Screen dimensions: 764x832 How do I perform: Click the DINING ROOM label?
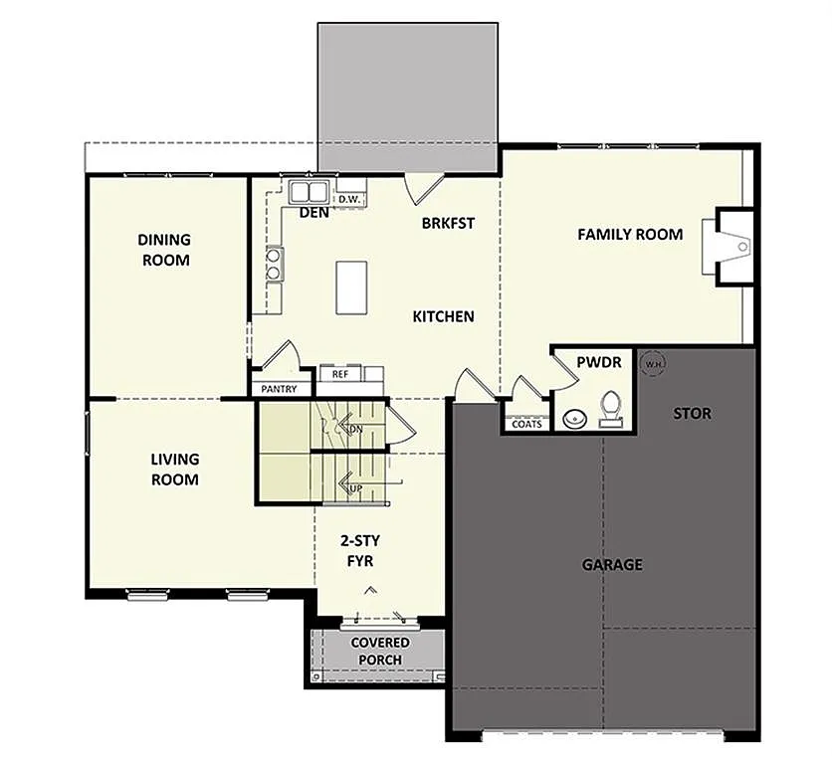(164, 250)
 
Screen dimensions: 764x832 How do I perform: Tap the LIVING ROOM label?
(174, 469)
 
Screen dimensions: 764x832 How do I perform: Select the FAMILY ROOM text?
(630, 235)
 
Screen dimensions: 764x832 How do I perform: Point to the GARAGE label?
(612, 565)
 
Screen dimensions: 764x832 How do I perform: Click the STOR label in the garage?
(692, 413)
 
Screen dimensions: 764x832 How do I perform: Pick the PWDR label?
(600, 363)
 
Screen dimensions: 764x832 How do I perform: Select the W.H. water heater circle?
(653, 364)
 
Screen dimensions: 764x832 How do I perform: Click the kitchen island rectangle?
(351, 286)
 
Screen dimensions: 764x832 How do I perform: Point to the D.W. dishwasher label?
(348, 200)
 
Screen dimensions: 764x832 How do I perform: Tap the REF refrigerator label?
(340, 374)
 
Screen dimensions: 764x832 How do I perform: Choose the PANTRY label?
(278, 389)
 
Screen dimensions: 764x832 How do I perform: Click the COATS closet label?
(526, 424)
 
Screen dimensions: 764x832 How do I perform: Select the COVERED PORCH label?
(379, 651)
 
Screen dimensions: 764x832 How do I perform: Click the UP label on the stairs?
(353, 487)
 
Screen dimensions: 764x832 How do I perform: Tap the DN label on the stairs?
(354, 428)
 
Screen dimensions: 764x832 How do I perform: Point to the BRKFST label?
(447, 223)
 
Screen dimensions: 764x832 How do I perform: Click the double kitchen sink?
(310, 191)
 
